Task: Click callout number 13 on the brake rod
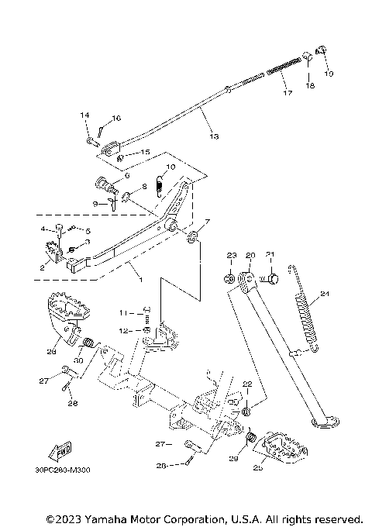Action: [213, 136]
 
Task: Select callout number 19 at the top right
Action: [329, 74]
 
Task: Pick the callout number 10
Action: [170, 167]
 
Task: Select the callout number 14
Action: [86, 115]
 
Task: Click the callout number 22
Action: [247, 384]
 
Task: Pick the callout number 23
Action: [231, 255]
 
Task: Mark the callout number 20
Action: [250, 255]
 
